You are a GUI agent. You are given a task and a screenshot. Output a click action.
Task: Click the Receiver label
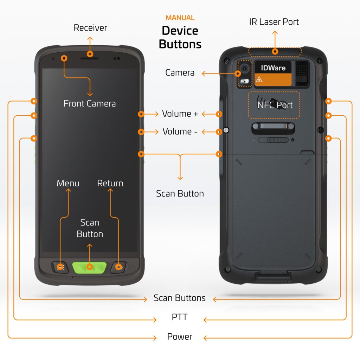tap(90, 28)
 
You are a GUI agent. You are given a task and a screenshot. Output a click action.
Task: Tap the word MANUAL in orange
tap(180, 18)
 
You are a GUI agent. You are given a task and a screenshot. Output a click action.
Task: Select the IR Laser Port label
tap(274, 22)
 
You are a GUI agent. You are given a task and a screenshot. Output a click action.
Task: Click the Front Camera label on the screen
tap(89, 103)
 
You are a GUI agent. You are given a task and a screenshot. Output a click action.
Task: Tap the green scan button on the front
tap(90, 267)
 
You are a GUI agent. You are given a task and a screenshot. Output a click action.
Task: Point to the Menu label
tap(68, 183)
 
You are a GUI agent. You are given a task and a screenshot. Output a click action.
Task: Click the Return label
tap(110, 183)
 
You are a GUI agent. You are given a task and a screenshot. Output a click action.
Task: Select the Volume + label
tap(180, 114)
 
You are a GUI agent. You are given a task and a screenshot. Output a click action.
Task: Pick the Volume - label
tap(180, 131)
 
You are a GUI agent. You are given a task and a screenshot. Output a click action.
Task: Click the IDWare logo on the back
tap(273, 68)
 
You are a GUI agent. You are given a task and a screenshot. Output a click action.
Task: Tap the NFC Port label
tap(275, 105)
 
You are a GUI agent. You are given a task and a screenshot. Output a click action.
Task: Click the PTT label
tap(180, 317)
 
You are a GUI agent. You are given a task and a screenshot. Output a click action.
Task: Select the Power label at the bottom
tap(180, 336)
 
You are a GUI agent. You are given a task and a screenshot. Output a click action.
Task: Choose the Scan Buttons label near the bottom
tap(180, 298)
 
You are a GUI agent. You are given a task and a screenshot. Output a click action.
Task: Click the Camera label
tap(180, 73)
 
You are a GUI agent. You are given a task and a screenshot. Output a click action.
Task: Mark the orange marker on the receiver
tap(90, 54)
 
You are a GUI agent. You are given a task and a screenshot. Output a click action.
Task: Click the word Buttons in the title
tap(180, 44)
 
